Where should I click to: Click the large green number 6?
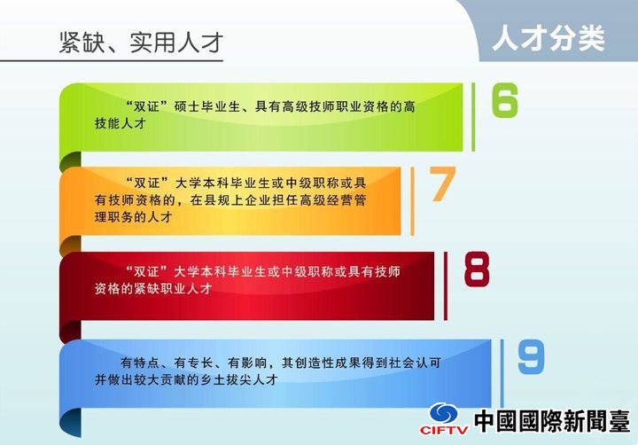pos(504,100)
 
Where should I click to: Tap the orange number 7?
pos(442,184)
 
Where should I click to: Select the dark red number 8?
pos(477,269)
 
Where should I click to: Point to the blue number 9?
pos(531,356)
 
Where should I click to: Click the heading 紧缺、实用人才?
pos(141,43)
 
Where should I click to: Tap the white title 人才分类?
pos(549,38)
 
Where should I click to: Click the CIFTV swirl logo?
pos(444,413)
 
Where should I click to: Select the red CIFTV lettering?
pos(444,430)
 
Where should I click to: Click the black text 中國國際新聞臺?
pos(552,420)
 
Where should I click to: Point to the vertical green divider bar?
pos(473,117)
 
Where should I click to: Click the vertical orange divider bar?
pos(413,201)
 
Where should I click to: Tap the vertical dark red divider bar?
pos(446,285)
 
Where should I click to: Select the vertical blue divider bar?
pos(502,373)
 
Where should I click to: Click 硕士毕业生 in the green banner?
pos(206,106)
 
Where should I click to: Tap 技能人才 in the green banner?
pos(120,123)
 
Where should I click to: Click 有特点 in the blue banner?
pos(140,363)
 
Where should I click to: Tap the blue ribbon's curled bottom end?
pos(70,421)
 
